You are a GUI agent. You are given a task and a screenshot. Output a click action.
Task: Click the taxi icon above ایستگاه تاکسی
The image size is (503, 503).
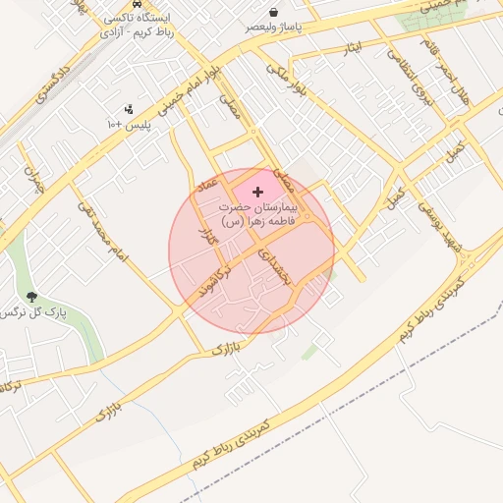pos(149,4)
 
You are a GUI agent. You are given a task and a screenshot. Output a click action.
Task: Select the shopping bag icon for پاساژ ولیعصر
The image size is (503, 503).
pos(255,12)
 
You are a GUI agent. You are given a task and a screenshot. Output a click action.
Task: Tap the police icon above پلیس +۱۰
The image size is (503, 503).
pos(129,109)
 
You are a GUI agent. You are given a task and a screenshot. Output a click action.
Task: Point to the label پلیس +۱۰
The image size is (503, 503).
pos(129,125)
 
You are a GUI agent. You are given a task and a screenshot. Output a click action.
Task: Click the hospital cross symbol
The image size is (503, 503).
pos(257,192)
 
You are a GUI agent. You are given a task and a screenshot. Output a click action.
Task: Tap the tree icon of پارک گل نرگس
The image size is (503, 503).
pos(32,296)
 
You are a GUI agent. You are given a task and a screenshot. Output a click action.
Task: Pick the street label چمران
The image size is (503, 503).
pos(37,183)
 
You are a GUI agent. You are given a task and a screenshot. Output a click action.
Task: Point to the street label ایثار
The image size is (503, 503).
pos(355,50)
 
